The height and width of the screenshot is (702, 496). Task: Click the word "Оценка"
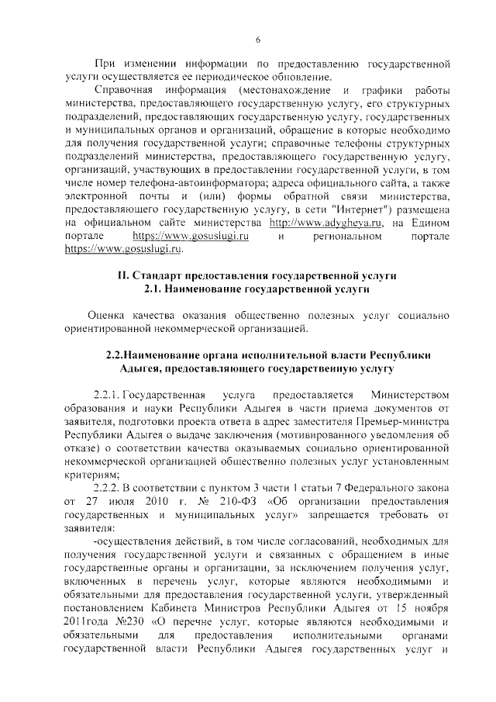pos(111,317)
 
